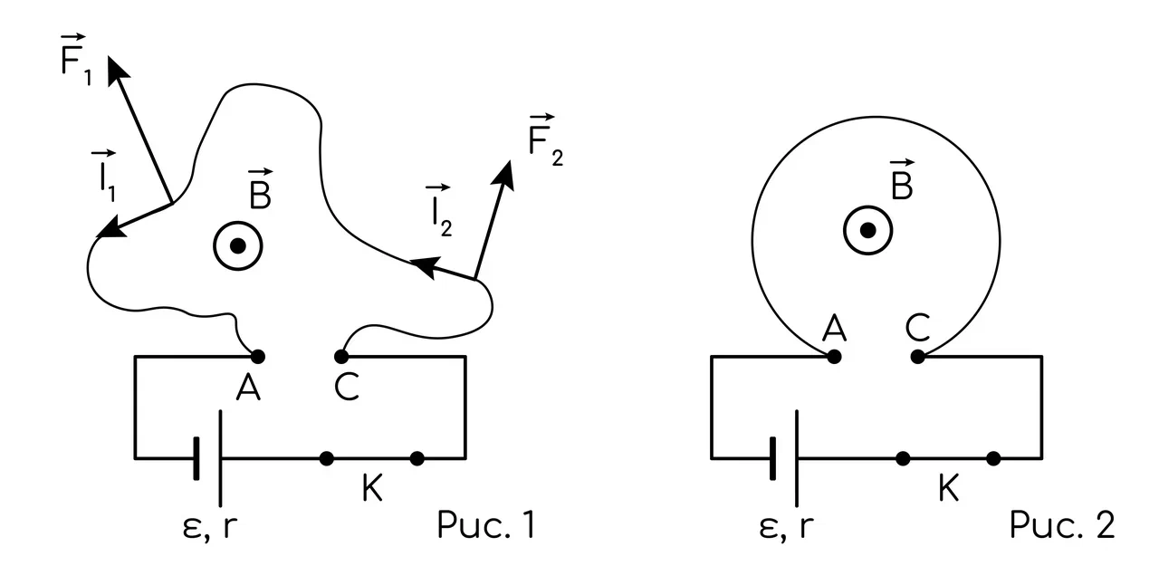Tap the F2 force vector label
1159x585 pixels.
click(545, 139)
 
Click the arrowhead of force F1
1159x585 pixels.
click(117, 70)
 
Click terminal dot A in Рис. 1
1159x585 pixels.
click(258, 357)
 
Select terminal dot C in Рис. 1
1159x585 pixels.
click(341, 357)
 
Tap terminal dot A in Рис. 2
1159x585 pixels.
click(834, 357)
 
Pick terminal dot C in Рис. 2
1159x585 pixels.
click(918, 357)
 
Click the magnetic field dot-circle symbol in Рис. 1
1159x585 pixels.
click(238, 246)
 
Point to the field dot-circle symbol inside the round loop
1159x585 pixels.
click(868, 230)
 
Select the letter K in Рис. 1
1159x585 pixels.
click(372, 487)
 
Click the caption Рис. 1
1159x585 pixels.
click(486, 525)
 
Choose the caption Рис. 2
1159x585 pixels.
click(1062, 525)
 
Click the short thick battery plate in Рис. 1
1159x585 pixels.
click(196, 459)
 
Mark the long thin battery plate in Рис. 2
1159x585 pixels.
click(797, 459)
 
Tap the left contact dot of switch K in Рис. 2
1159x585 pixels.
click(903, 459)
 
